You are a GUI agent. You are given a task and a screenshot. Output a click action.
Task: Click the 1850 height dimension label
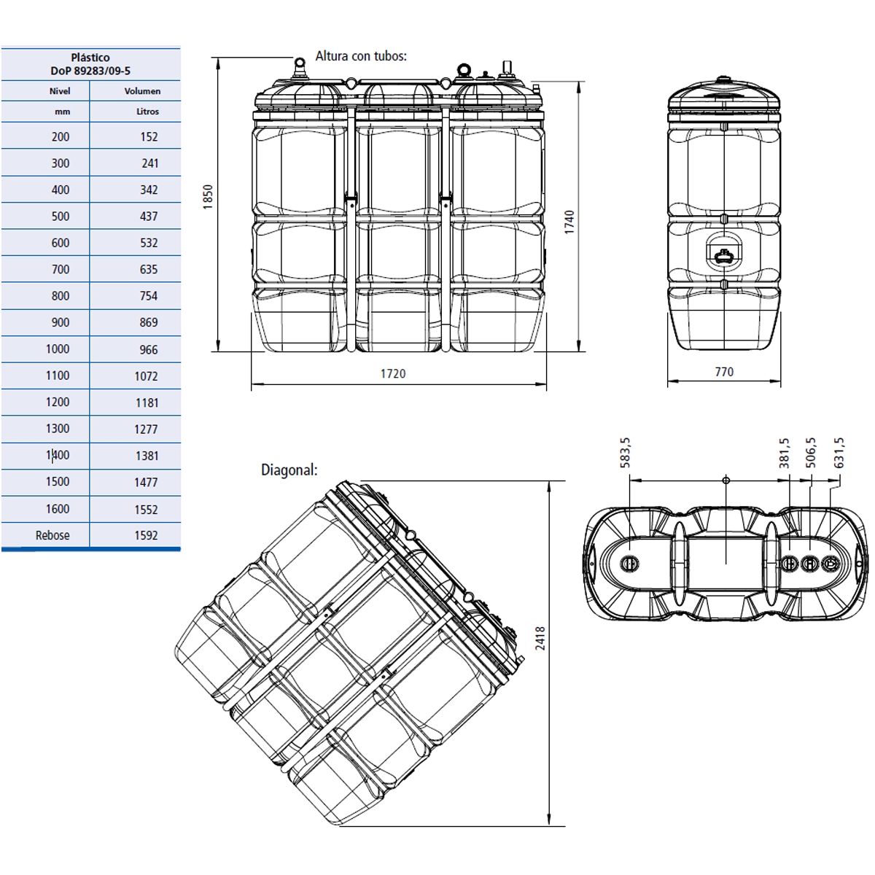[x=208, y=198]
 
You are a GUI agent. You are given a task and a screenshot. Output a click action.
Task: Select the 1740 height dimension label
[x=569, y=222]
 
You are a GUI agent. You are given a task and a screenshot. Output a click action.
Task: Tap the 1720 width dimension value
[x=392, y=374]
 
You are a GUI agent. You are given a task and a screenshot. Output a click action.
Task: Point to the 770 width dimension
[x=723, y=372]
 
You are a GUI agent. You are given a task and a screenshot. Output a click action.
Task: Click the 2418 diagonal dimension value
[x=540, y=638]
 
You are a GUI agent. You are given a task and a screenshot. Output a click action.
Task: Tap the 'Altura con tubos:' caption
[x=361, y=56]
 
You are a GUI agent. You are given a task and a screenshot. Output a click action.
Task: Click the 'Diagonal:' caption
[x=289, y=470]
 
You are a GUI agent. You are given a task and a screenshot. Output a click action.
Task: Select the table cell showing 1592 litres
[x=146, y=535]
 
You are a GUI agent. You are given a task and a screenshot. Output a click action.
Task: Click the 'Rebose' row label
[x=52, y=535]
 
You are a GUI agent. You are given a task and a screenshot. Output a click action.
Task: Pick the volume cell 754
[x=148, y=296]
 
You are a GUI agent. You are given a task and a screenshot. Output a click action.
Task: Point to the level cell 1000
[x=58, y=349]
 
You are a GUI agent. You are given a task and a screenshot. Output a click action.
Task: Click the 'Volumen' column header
[x=142, y=91]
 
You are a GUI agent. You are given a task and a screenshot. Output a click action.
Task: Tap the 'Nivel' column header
[x=60, y=91]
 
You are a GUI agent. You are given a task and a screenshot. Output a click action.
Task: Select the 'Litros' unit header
[x=147, y=112]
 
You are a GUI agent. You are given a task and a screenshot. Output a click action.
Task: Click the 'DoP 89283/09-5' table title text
[x=90, y=71]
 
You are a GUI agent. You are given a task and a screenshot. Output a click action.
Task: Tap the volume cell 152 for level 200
[x=149, y=137]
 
